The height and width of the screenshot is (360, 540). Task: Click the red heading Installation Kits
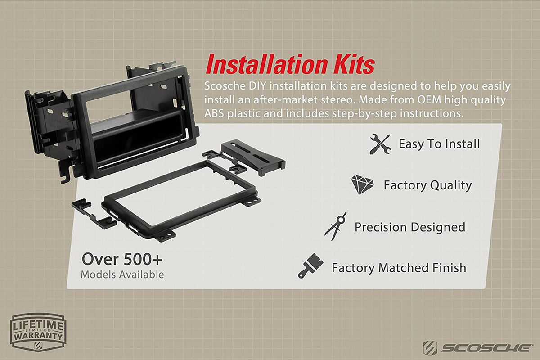[x=290, y=64]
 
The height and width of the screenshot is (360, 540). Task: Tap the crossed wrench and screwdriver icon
[x=380, y=144]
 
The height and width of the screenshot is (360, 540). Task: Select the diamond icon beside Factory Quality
[x=362, y=185]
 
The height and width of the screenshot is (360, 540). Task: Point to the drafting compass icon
[x=336, y=226]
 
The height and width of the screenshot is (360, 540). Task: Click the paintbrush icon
[x=310, y=265]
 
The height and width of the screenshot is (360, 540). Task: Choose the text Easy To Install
[x=439, y=144]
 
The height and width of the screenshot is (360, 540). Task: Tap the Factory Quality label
[x=427, y=185]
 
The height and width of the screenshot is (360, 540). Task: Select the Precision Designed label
[x=410, y=227]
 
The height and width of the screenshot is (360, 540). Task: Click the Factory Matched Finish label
[x=399, y=268]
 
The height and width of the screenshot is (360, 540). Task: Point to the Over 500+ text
[x=122, y=260]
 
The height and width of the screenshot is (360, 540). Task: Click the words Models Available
[x=122, y=274]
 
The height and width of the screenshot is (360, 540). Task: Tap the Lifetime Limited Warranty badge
[x=38, y=332]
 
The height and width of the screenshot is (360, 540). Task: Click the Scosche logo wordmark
[x=477, y=348]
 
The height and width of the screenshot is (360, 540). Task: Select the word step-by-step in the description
[x=364, y=114]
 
